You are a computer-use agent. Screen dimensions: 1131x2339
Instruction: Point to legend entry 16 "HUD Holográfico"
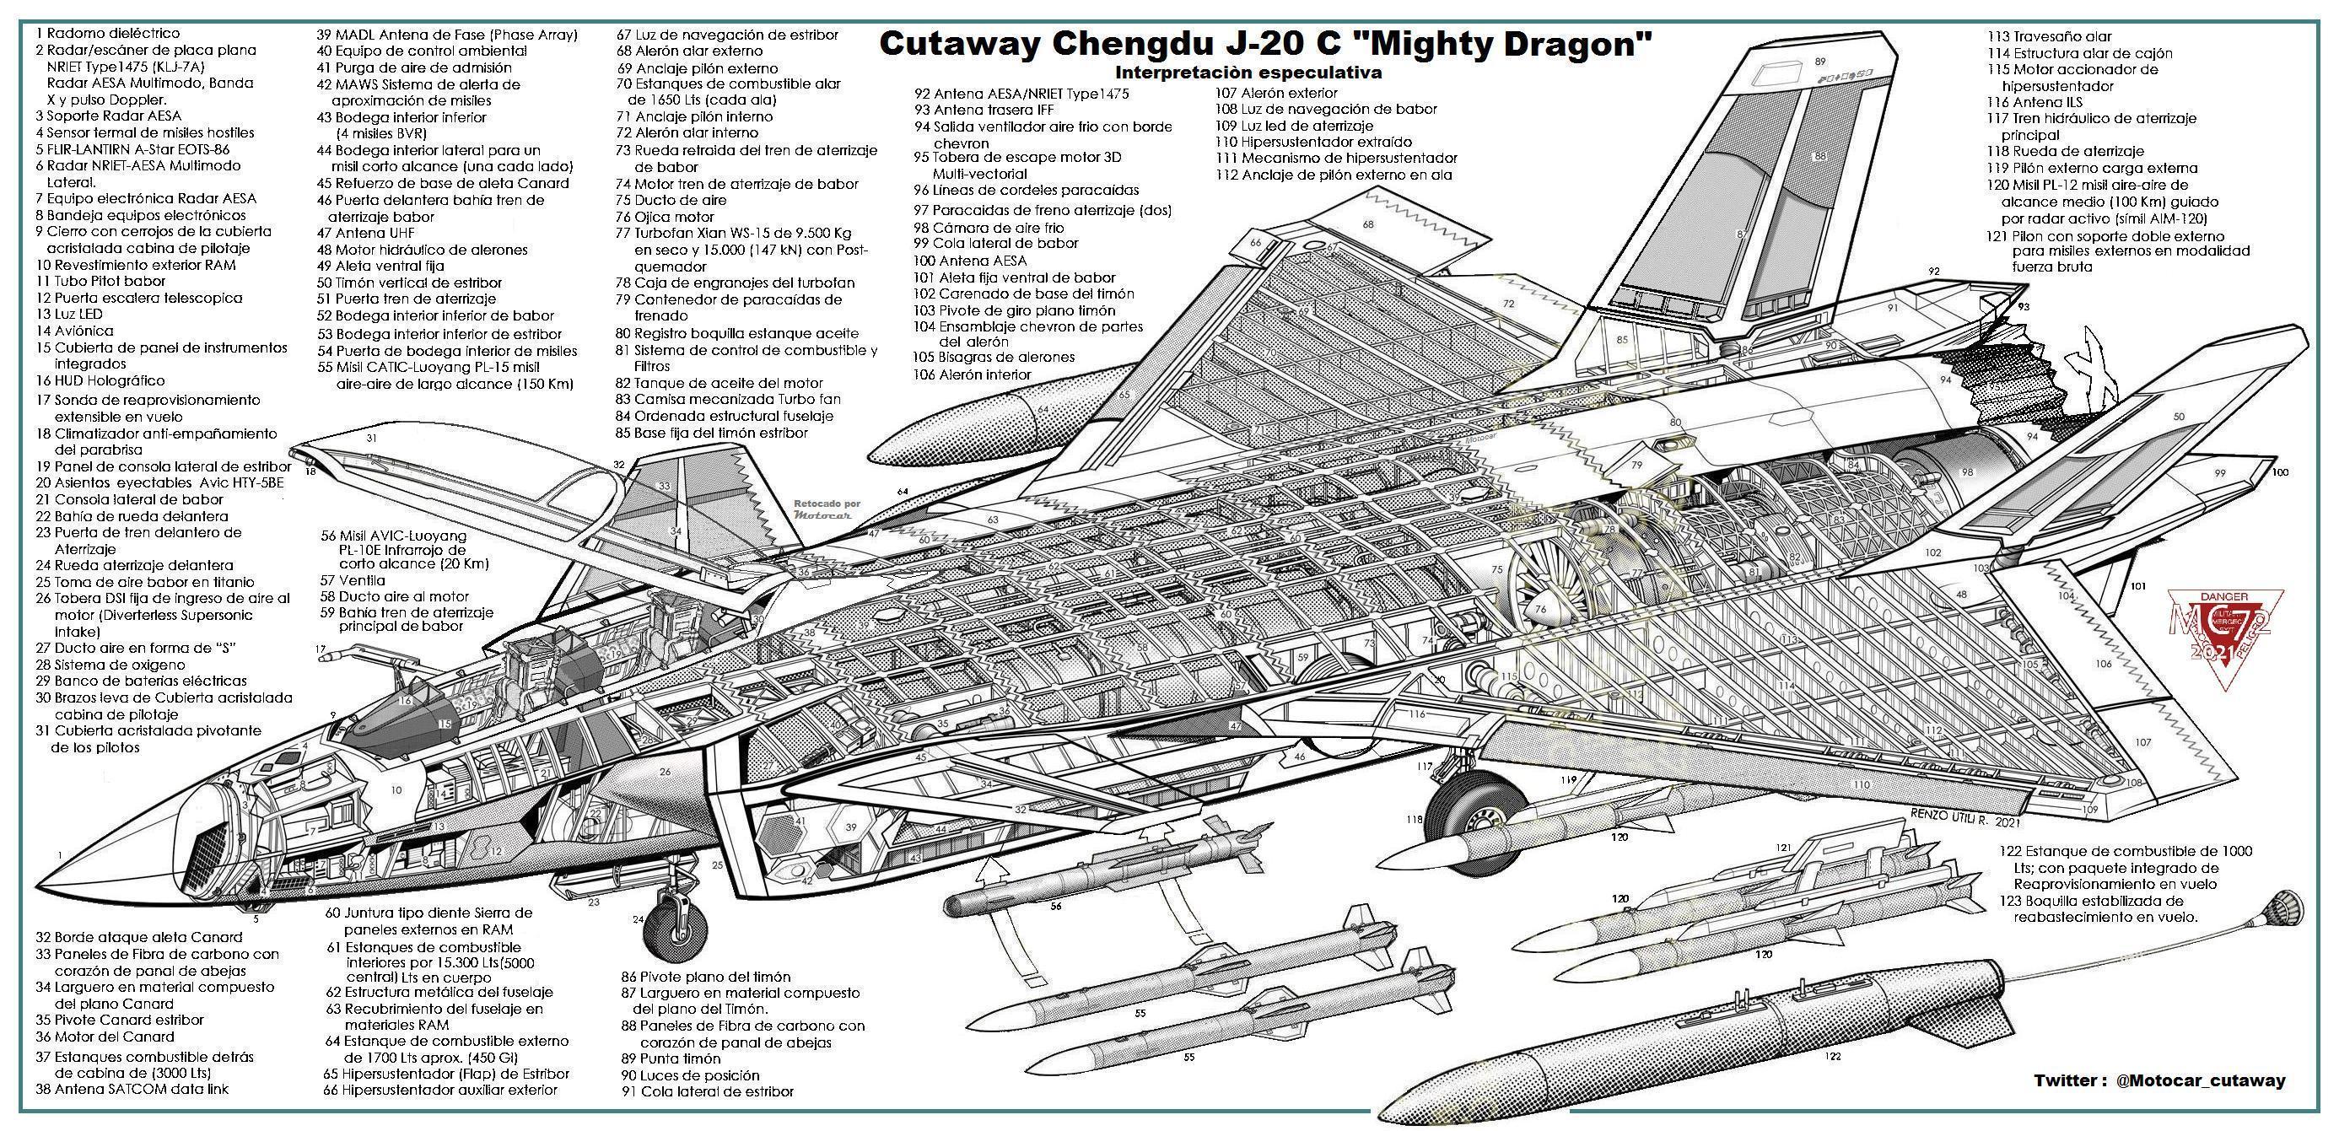click(x=100, y=381)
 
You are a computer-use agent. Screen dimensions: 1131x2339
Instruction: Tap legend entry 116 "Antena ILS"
click(x=2034, y=103)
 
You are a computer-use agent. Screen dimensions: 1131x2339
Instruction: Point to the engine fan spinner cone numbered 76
click(x=1542, y=608)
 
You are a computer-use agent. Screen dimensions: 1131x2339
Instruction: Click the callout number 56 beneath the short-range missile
click(x=1056, y=906)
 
